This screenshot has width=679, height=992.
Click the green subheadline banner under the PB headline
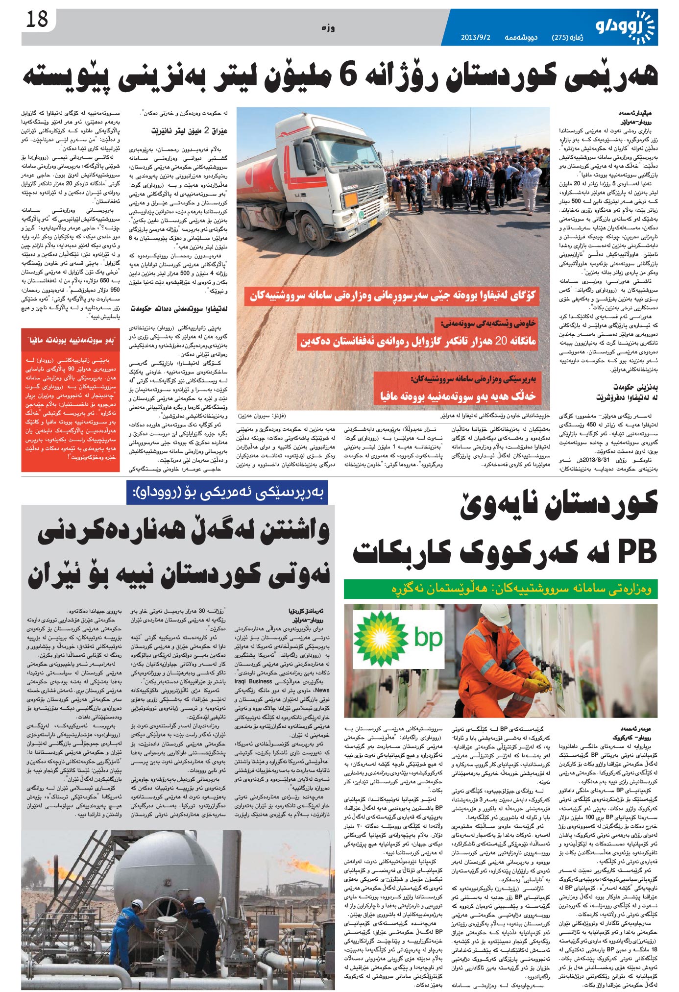click(500, 589)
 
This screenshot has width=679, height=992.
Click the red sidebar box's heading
click(71, 340)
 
